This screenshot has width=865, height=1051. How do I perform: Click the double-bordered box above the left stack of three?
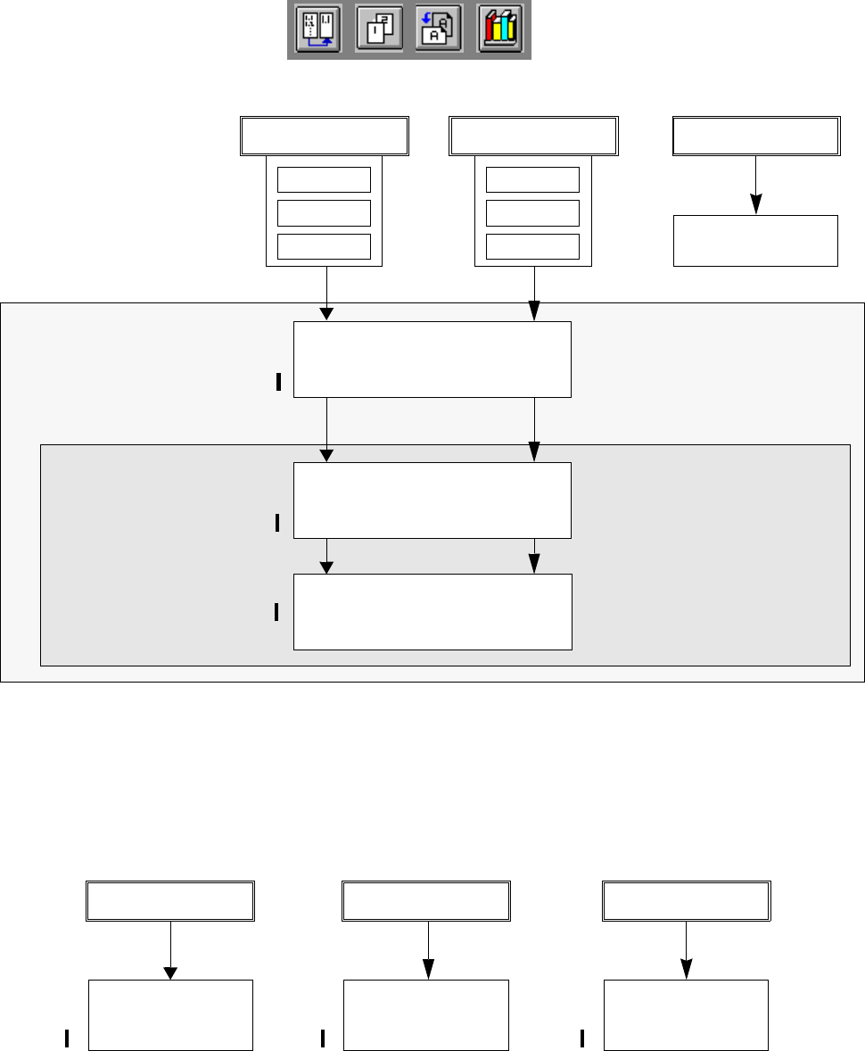325,136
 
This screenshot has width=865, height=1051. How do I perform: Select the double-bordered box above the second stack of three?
533,136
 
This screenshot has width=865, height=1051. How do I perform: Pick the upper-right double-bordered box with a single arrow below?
755,136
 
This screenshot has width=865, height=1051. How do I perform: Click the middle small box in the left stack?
324,213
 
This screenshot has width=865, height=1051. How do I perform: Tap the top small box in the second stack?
532,179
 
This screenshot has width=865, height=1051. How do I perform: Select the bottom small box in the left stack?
324,246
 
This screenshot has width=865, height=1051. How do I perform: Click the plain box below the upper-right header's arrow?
755,240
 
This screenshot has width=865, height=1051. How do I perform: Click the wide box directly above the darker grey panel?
432,360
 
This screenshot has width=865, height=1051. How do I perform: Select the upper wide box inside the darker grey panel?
432,500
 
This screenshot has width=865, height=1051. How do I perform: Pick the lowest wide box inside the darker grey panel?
432,611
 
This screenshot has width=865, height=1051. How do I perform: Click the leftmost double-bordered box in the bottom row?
170,901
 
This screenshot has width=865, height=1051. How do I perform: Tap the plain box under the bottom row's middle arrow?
426,1014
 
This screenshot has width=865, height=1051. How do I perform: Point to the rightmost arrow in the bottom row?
686,951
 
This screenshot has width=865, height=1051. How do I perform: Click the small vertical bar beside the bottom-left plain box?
67,1038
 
